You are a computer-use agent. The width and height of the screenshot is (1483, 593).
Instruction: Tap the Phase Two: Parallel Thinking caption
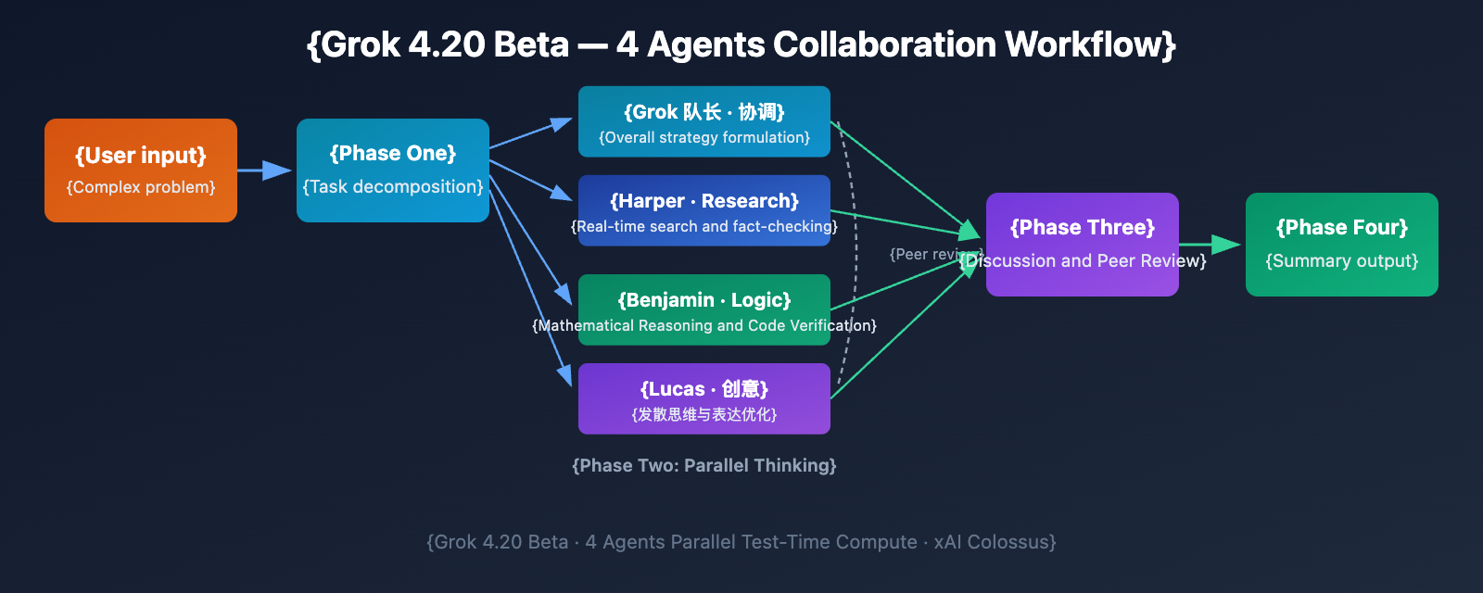point(704,465)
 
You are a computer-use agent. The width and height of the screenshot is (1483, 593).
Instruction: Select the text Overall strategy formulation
point(704,138)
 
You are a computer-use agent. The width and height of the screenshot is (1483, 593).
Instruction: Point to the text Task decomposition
point(393,187)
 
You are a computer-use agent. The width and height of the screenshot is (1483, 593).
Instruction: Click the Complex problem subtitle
point(141,187)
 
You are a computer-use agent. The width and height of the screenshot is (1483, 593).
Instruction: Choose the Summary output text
point(1342,261)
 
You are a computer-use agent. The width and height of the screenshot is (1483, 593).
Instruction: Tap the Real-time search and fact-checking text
point(704,227)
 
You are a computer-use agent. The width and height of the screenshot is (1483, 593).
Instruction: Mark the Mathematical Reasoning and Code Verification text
point(704,326)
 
